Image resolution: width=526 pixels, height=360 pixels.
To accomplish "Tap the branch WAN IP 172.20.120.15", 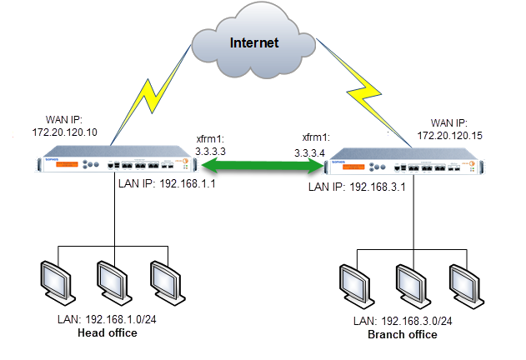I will point(450,134).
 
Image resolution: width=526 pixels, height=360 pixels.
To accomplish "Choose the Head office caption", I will point(107,333).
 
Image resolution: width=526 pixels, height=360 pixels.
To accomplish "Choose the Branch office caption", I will point(403,334).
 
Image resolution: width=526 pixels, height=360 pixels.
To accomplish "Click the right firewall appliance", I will point(406,165).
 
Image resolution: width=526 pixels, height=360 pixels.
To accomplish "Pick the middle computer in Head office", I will point(111,282).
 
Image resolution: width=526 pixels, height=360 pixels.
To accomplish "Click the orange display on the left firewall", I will point(58,164).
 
